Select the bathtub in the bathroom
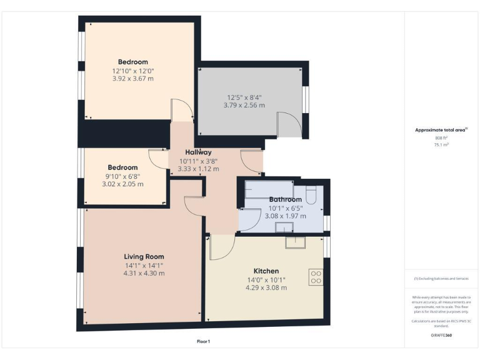[269, 189]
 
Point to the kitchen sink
[294, 242]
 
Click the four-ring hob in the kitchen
[316, 277]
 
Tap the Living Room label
[144, 257]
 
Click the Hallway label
[198, 152]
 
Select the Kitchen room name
[249, 271]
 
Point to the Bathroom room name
[285, 200]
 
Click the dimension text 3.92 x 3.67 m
[132, 79]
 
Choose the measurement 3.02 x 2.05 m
[122, 184]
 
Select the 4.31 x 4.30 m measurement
[144, 273]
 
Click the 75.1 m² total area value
[442, 144]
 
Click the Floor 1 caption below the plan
[203, 341]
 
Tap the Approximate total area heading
[442, 130]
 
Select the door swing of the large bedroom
[181, 111]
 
